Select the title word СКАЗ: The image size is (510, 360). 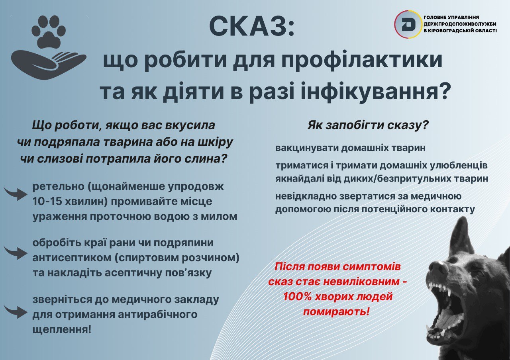point(251,27)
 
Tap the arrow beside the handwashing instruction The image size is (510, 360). point(16,194)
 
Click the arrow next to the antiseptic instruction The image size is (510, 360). point(16,253)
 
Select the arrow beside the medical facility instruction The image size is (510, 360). point(16,311)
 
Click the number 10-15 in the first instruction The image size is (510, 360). point(46,202)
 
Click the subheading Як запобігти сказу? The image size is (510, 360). point(369,125)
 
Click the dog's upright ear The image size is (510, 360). point(459,235)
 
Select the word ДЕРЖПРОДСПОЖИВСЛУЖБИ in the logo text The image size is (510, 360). point(460,24)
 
